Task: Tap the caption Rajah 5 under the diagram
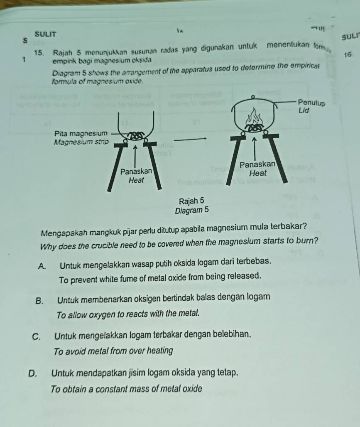point(191,201)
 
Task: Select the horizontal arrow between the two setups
point(191,139)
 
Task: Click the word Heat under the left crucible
point(136,180)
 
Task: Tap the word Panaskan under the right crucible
point(257,164)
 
